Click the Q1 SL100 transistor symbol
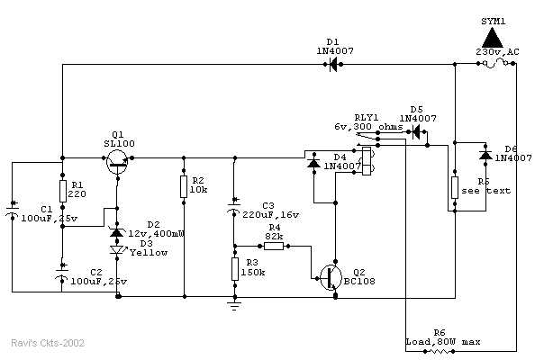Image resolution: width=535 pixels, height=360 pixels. coord(117,158)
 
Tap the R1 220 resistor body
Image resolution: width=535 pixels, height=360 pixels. coord(63,191)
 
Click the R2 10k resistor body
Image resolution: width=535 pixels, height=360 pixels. coord(184,186)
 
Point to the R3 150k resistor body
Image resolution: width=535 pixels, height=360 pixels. coord(233,268)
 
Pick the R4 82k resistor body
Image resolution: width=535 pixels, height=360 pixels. coord(274,246)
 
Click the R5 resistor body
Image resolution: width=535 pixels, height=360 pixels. coord(455,188)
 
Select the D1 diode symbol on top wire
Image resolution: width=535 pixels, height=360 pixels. coord(333,64)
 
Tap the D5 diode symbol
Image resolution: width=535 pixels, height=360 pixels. coord(416,131)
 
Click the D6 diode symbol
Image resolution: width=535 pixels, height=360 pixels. coord(485,155)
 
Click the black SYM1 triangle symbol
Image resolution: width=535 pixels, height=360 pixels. coord(491,36)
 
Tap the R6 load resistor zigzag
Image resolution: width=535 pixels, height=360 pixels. coord(440,351)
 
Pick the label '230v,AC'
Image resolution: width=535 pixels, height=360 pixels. coord(497,53)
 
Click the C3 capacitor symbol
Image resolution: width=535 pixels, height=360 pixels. coord(233,212)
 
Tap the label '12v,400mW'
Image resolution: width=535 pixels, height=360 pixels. coord(157,234)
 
